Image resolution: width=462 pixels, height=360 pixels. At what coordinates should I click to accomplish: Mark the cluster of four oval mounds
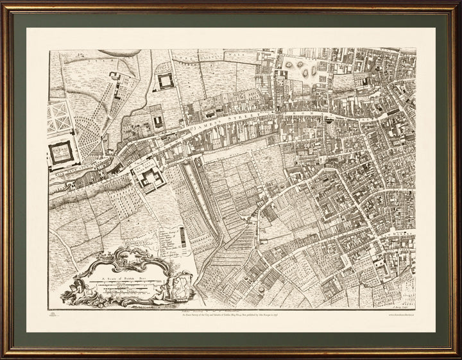pyautogui.click(x=299, y=69)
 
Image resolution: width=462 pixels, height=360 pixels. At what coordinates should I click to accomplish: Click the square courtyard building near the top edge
pyautogui.click(x=166, y=81)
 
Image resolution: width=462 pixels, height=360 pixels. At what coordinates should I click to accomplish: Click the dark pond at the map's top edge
pyautogui.click(x=119, y=53)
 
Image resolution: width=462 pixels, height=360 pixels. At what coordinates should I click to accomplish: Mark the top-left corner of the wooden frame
pyautogui.click(x=3, y=3)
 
